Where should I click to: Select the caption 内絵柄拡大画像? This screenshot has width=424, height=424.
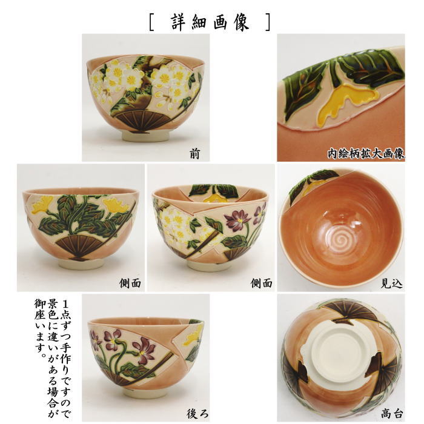tap(366, 153)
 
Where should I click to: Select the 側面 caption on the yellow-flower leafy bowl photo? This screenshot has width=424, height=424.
tap(130, 283)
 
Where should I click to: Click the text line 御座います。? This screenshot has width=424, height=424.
tap(38, 324)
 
